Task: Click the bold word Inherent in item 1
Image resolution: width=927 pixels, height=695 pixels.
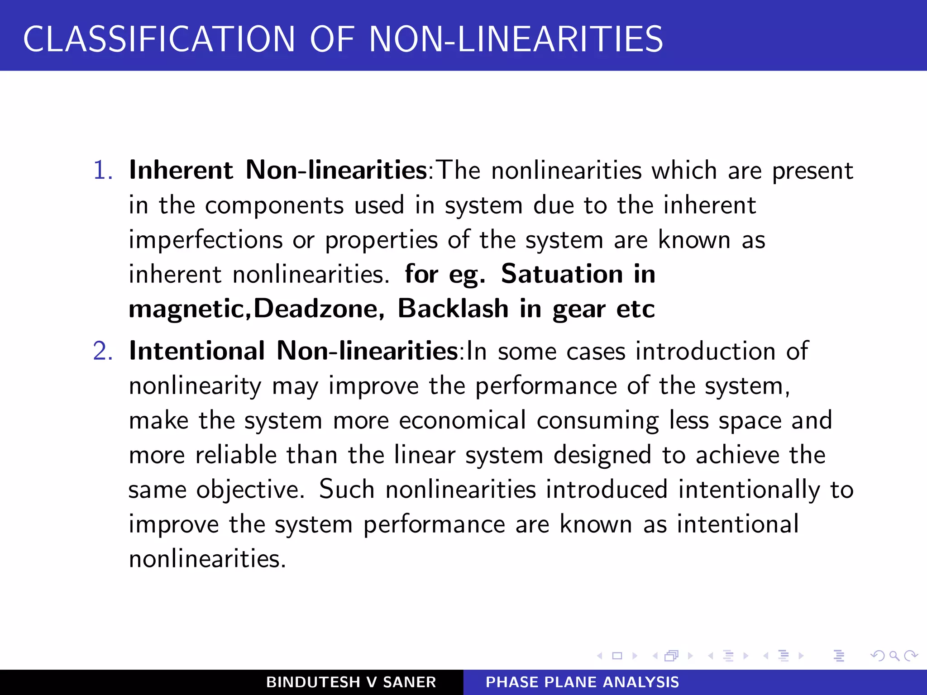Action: (181, 170)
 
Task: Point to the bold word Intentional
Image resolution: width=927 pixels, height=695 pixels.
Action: (197, 351)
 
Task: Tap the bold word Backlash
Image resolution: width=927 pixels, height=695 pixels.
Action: (453, 309)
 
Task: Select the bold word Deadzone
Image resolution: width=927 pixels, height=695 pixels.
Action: (315, 309)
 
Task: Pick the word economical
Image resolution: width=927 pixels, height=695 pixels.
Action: (462, 420)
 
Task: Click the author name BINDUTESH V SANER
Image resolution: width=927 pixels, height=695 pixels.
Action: (351, 682)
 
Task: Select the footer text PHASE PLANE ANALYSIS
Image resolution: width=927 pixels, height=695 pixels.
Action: (582, 682)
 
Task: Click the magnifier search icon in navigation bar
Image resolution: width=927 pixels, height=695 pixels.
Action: (894, 656)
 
